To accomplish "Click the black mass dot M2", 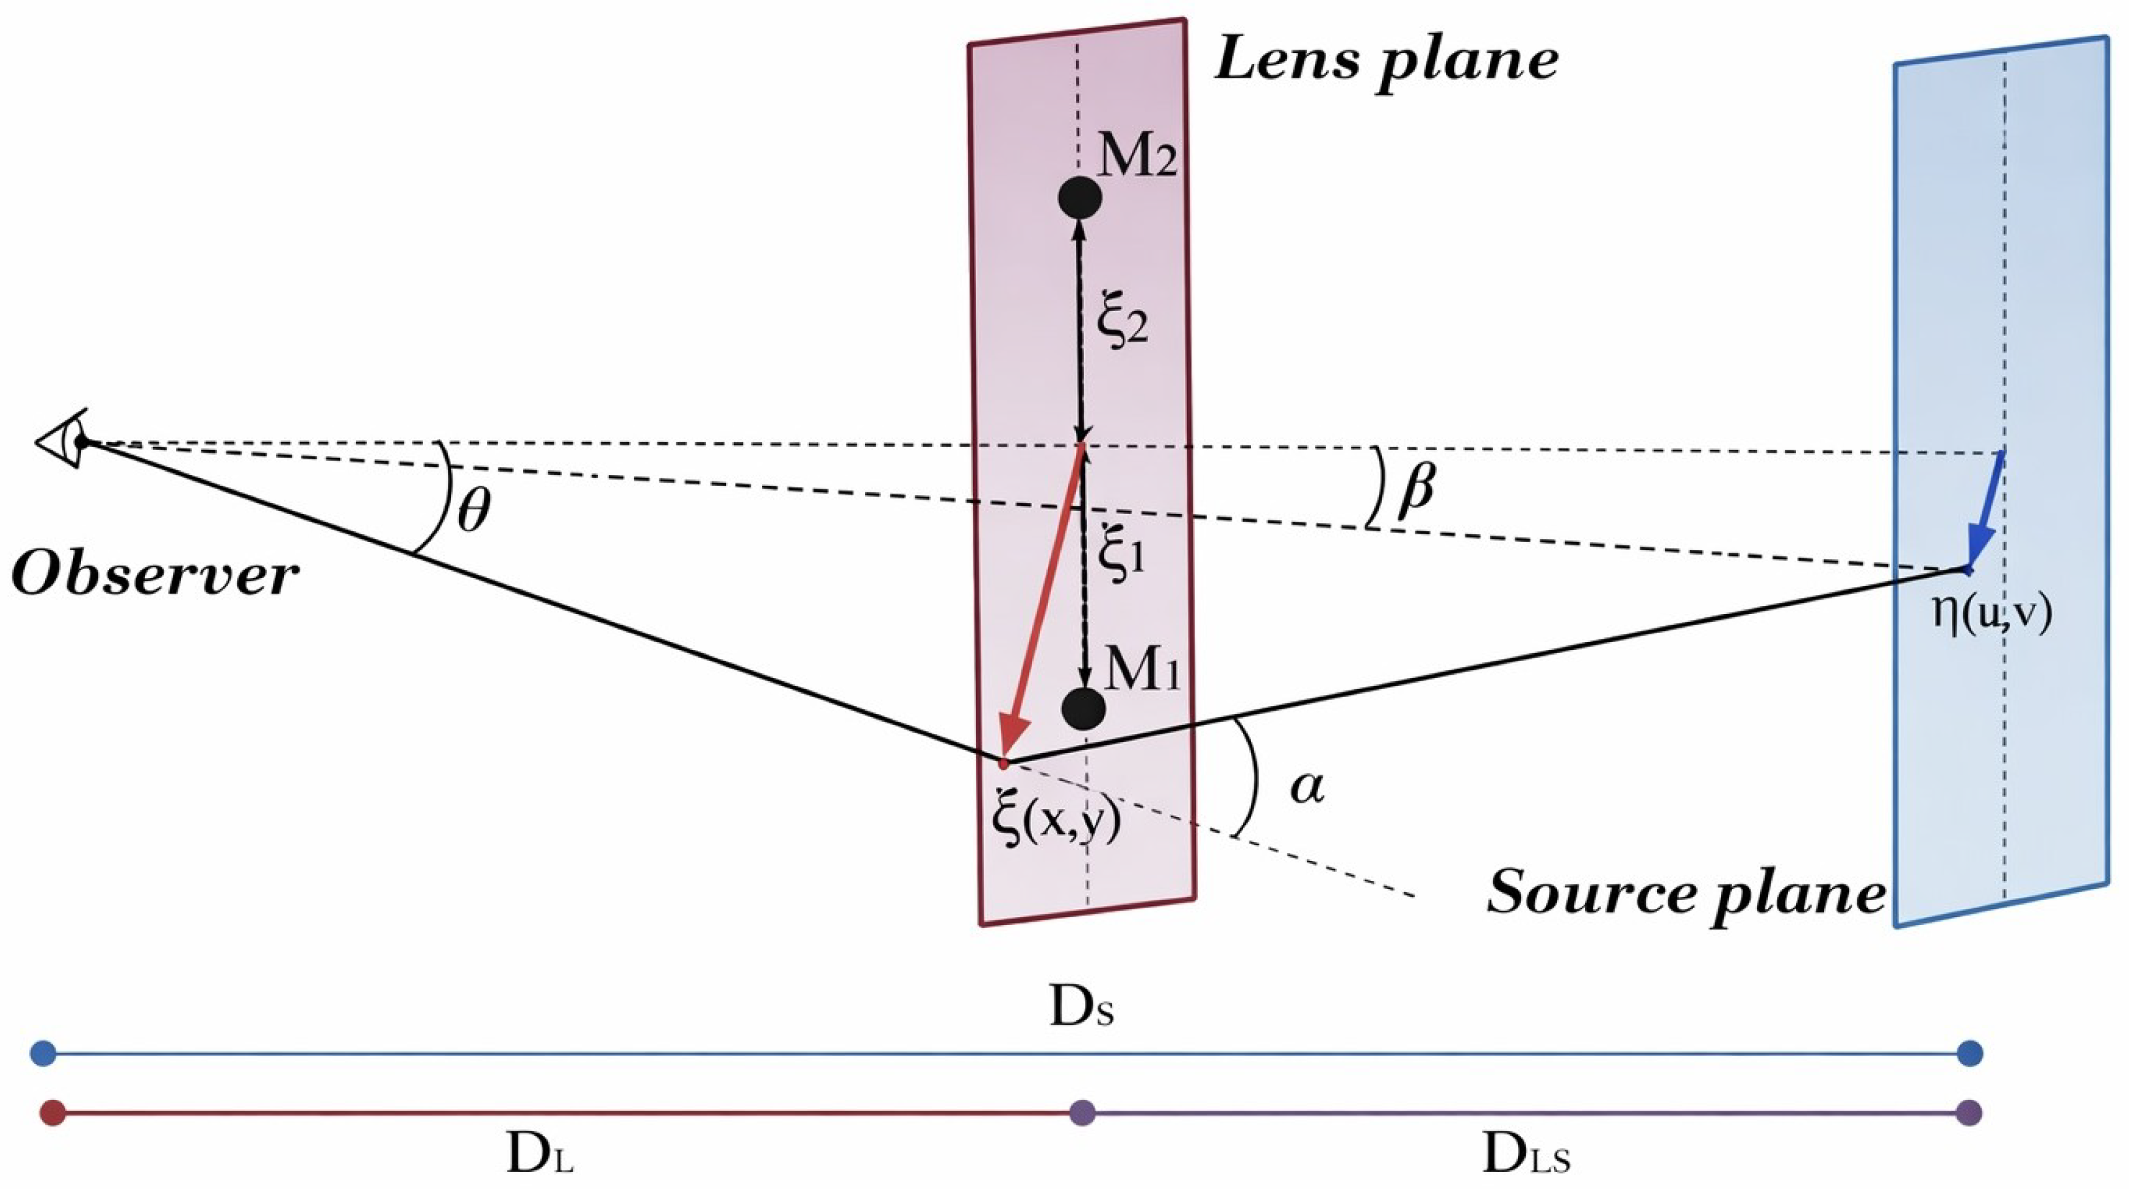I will coord(1079,197).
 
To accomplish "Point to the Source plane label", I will coord(1686,894).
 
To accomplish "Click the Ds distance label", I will coord(1081,1008).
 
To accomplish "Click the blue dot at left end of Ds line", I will coord(43,1054).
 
